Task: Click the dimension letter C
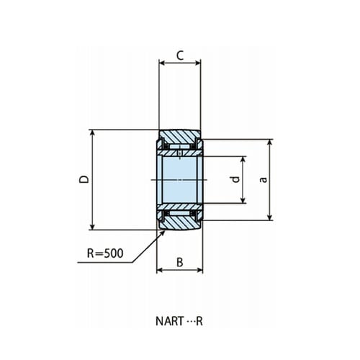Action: point(180,55)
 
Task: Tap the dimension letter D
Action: point(84,179)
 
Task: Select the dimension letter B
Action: point(180,262)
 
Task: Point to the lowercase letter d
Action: point(236,179)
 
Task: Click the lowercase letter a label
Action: point(264,179)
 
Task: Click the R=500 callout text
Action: point(105,253)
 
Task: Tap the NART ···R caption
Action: point(179,321)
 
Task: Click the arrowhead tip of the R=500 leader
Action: point(165,230)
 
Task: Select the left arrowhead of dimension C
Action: point(160,63)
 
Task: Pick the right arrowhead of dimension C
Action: point(200,63)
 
